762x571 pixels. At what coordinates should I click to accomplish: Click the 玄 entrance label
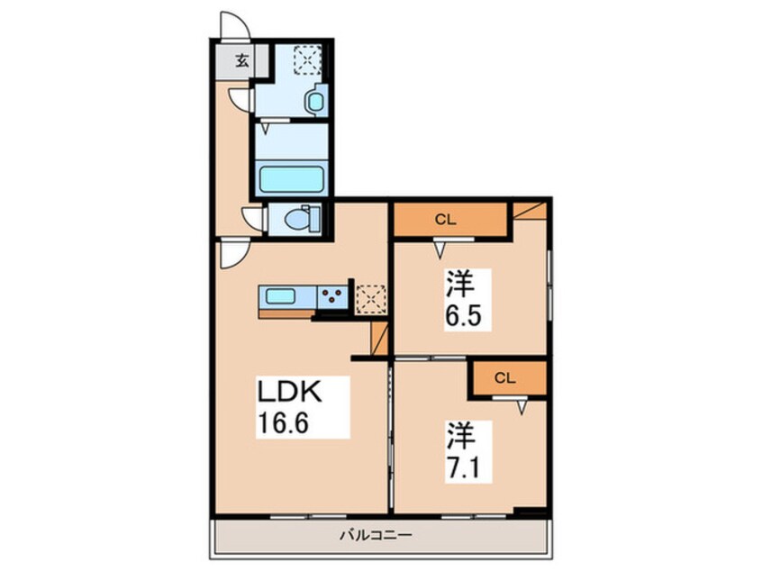pos(241,61)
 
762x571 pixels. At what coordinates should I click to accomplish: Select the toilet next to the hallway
pos(298,219)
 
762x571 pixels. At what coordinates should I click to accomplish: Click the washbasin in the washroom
pos(314,101)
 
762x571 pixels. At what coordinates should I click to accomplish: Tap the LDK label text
pos(289,394)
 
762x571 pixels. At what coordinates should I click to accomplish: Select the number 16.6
pos(289,423)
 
